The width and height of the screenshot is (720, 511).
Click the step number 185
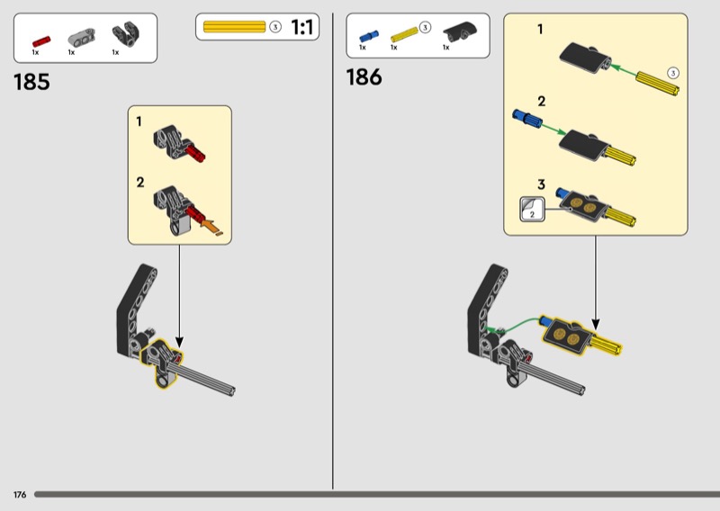(31, 82)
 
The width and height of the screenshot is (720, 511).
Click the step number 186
(364, 76)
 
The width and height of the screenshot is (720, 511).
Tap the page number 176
(20, 495)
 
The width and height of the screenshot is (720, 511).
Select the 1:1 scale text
(302, 27)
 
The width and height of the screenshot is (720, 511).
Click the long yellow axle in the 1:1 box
(234, 27)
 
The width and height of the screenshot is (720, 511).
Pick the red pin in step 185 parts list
(41, 41)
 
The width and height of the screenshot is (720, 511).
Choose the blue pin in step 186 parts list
(369, 36)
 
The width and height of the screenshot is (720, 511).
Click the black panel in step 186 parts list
(460, 31)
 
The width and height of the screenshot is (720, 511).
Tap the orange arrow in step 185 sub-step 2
(211, 226)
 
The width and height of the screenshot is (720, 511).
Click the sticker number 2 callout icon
(532, 210)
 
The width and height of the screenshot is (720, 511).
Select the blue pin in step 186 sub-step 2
(526, 118)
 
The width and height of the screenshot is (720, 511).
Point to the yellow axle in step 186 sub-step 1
(658, 83)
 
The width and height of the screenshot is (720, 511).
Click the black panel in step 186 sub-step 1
(584, 57)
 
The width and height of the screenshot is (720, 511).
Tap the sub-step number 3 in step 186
(542, 184)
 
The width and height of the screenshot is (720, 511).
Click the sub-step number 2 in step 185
(140, 183)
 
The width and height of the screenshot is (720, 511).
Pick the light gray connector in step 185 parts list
(82, 37)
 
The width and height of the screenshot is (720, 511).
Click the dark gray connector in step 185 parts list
(126, 34)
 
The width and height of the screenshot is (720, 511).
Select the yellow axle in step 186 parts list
(404, 34)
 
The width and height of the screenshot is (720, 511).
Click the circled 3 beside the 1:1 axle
(275, 27)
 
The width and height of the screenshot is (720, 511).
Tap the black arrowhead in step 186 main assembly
(596, 324)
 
